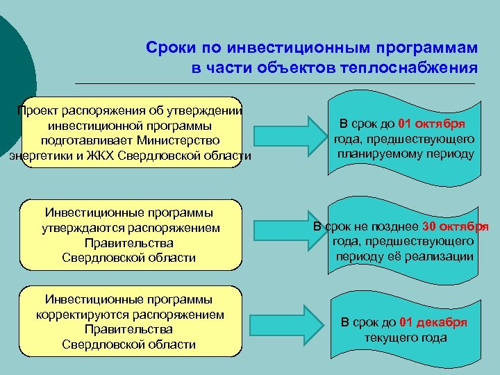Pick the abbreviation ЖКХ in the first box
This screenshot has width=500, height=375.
pos(100,155)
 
